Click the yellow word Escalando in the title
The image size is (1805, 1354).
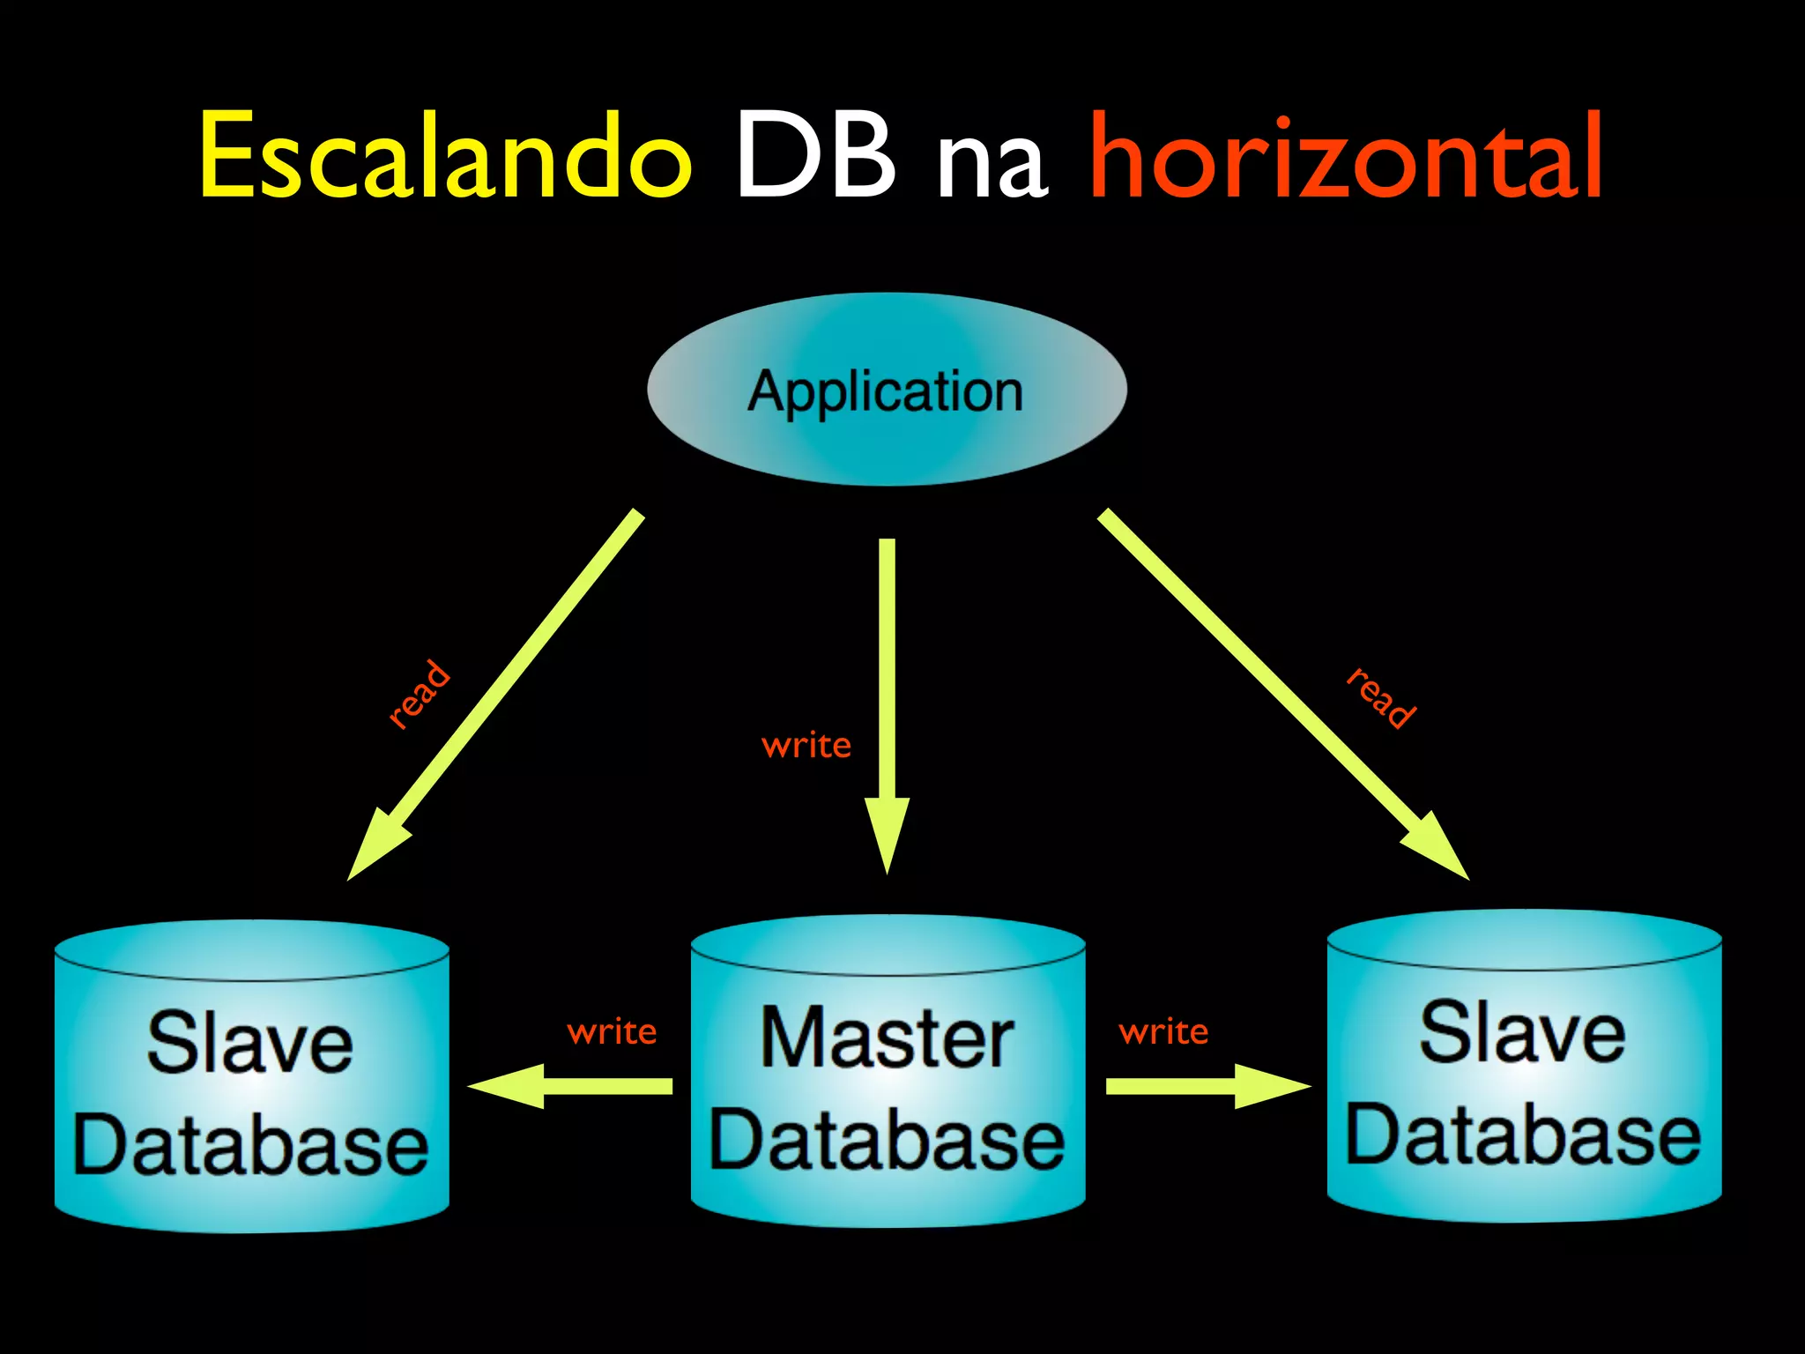click(x=445, y=157)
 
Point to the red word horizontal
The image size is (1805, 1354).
click(x=1346, y=157)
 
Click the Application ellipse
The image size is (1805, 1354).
click(x=887, y=390)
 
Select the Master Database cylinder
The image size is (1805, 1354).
click(x=888, y=1071)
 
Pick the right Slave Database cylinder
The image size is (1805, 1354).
click(x=1524, y=1067)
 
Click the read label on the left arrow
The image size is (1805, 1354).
click(x=420, y=694)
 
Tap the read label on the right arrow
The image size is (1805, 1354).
click(x=1381, y=698)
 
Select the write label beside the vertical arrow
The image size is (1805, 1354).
click(x=806, y=746)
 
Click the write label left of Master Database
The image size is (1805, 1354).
click(x=612, y=1031)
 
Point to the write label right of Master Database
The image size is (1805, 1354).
click(x=1163, y=1031)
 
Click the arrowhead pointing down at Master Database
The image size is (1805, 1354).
click(x=887, y=833)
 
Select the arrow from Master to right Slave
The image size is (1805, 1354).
click(x=1207, y=1086)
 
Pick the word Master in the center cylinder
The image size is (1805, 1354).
click(x=887, y=1038)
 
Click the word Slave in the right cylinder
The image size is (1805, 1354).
click(x=1522, y=1033)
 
